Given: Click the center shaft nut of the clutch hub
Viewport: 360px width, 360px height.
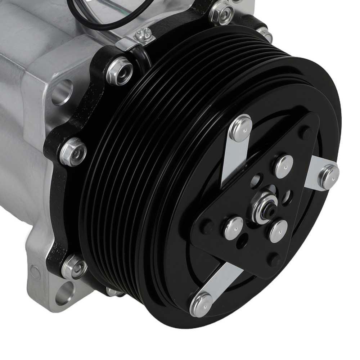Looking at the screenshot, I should (x=265, y=207).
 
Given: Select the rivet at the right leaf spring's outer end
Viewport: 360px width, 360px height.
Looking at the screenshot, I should (x=329, y=176).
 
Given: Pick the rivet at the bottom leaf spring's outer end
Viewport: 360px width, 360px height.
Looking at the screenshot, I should (x=201, y=303).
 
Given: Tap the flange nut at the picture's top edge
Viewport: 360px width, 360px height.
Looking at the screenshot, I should (x=221, y=12).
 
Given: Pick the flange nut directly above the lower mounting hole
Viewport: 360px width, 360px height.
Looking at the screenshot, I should (x=74, y=267).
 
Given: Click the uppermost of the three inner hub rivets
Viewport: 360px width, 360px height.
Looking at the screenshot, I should (x=284, y=166).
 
